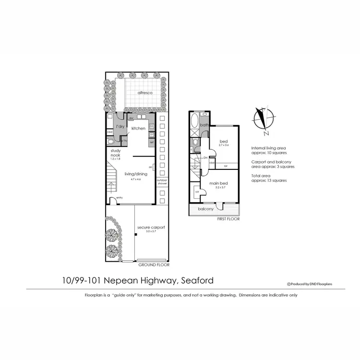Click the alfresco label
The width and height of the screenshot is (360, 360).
pyautogui.click(x=145, y=92)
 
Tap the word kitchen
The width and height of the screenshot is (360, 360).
pyautogui.click(x=138, y=128)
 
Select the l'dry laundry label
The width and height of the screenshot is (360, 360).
pyautogui.click(x=120, y=126)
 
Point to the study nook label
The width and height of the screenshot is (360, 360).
pyautogui.click(x=115, y=153)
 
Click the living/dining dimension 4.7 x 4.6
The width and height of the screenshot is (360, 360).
pyautogui.click(x=132, y=180)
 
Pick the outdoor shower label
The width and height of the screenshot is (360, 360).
pyautogui.click(x=162, y=182)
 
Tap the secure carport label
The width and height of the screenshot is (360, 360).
pyautogui.click(x=148, y=227)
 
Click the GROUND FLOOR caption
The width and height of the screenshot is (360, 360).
pyautogui.click(x=154, y=264)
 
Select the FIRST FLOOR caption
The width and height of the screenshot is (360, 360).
pyautogui.click(x=228, y=218)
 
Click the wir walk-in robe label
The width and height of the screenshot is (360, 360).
pyautogui.click(x=197, y=192)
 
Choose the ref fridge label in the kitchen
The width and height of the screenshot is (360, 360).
pyautogui.click(x=151, y=142)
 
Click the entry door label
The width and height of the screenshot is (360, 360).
pyautogui.click(x=119, y=198)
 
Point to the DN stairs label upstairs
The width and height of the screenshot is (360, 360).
pyautogui.click(x=205, y=157)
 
